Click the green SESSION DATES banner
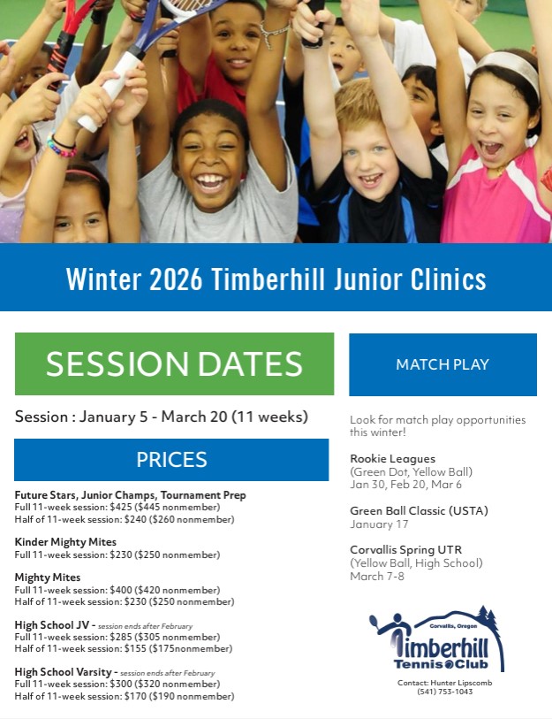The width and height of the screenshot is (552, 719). [x=174, y=363]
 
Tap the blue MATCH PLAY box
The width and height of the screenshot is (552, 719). [x=442, y=364]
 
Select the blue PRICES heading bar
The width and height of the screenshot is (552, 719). [x=171, y=460]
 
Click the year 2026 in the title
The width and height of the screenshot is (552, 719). [x=176, y=279]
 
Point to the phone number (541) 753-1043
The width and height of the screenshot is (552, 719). [x=444, y=692]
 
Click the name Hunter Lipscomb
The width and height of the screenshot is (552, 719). [x=461, y=683]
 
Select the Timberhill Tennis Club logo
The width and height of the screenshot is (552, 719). [x=436, y=639]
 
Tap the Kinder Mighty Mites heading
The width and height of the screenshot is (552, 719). [x=65, y=542]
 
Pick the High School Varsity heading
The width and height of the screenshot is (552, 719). [x=64, y=672]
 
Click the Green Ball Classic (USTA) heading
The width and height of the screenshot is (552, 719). [x=419, y=511]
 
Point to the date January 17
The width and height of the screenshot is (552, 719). [x=379, y=524]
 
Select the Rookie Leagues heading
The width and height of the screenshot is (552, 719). [x=393, y=458]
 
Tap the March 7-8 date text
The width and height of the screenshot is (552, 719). [x=377, y=577]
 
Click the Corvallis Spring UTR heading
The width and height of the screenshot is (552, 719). [x=406, y=550]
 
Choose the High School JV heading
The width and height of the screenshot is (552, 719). [x=52, y=625]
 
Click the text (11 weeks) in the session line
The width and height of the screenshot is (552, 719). [x=269, y=417]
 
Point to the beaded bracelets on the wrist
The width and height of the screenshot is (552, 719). [x=62, y=146]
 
